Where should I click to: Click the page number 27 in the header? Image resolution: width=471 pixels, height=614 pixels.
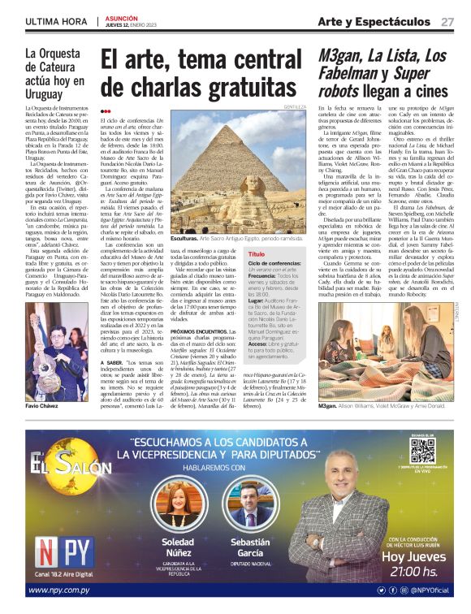click(447, 22)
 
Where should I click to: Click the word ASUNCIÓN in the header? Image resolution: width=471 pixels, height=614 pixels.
click(121, 17)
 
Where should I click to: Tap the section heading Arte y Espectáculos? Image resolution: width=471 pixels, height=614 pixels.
click(374, 21)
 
